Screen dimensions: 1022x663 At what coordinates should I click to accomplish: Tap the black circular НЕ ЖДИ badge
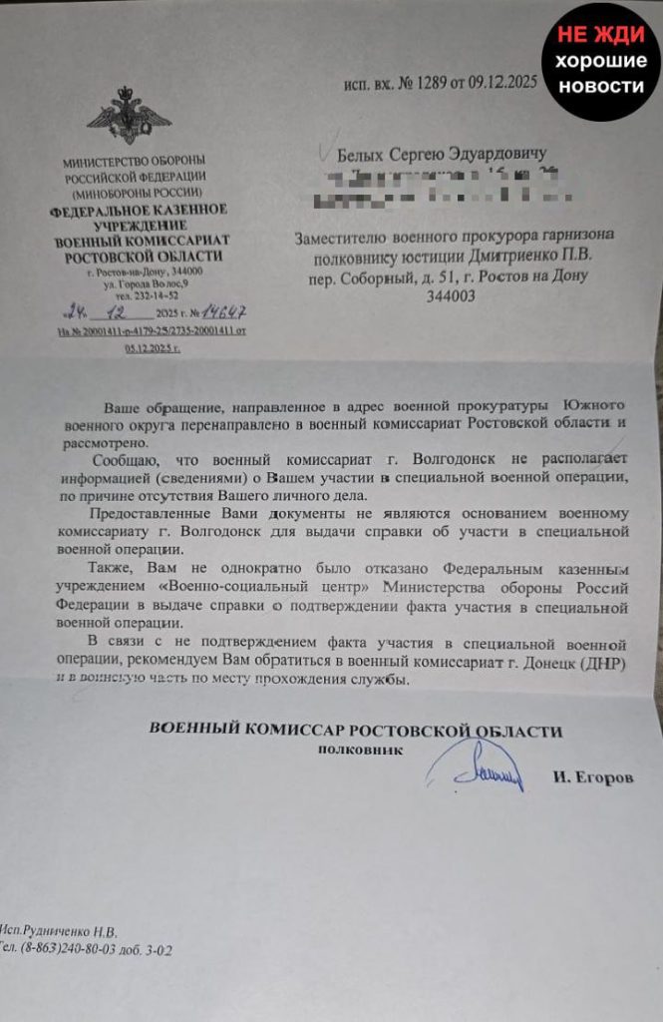click(x=600, y=61)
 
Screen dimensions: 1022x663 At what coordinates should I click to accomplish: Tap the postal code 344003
click(x=444, y=296)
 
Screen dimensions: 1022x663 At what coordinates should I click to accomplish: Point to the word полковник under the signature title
click(x=361, y=749)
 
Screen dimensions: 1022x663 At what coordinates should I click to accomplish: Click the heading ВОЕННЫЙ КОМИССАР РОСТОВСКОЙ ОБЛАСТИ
click(x=355, y=730)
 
